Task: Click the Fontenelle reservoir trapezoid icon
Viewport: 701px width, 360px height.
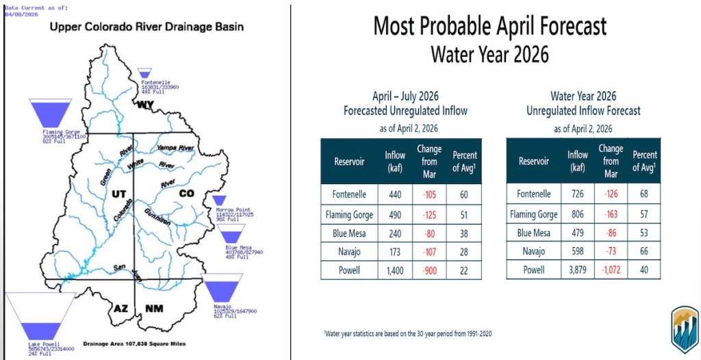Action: [x=144, y=73]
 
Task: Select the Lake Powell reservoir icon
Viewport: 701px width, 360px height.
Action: [x=39, y=316]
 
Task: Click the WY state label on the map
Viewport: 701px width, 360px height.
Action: [x=145, y=105]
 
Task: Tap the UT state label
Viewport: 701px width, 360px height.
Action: [x=118, y=194]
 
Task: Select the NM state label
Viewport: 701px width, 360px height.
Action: [x=153, y=309]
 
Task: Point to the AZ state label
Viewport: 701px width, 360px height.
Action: [x=121, y=309]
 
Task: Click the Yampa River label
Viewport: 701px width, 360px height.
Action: [x=175, y=148]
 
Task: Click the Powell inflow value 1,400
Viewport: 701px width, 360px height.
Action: [x=395, y=270]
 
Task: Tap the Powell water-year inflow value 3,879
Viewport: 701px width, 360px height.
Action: [x=578, y=270]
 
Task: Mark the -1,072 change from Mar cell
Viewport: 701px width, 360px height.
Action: [x=610, y=270]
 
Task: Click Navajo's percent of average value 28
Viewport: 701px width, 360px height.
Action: [x=463, y=251]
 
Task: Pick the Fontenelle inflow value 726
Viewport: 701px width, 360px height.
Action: [x=578, y=194]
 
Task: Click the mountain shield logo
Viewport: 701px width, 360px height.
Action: [x=684, y=329]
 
